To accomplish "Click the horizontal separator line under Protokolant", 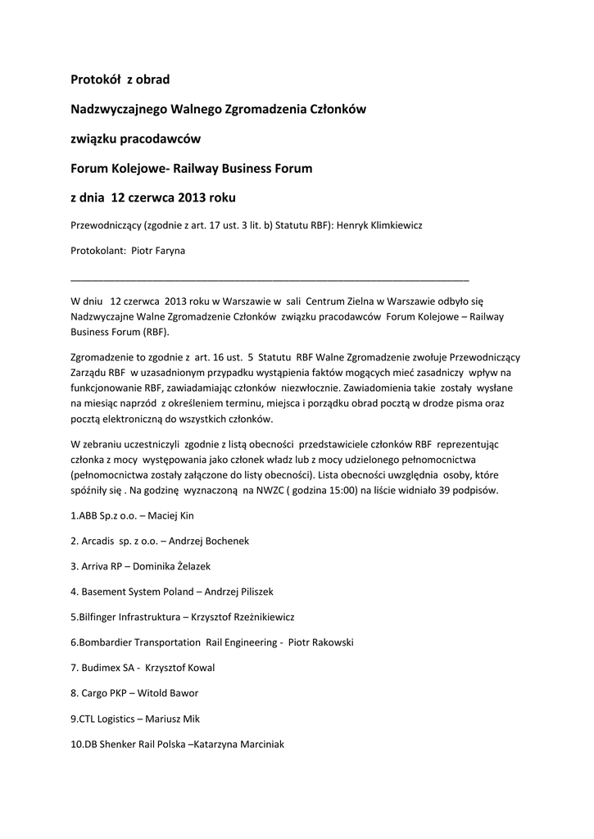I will [x=270, y=279].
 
